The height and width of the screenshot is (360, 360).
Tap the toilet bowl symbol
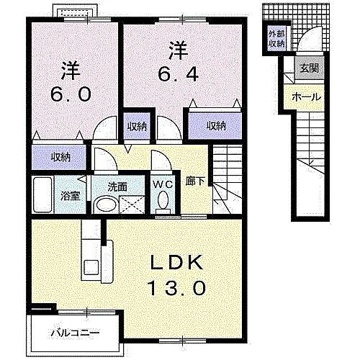(x=163, y=199)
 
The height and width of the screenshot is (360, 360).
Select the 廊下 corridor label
(x=194, y=183)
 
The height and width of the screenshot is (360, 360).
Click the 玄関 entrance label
(x=310, y=68)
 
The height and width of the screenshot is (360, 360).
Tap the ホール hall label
(x=306, y=96)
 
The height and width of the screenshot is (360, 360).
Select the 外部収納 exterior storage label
(x=277, y=39)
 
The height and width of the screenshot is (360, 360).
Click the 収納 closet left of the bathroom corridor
(x=60, y=156)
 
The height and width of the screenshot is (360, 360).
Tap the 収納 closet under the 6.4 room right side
(x=215, y=125)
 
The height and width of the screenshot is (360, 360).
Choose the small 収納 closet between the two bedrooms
(x=138, y=125)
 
